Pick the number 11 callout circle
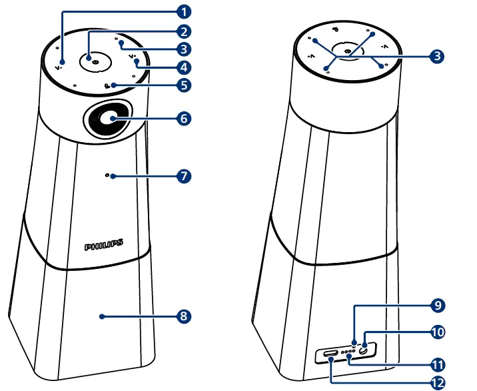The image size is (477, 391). [x=436, y=364]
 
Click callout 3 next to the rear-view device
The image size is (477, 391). [x=436, y=57]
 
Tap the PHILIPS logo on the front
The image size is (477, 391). [x=103, y=246]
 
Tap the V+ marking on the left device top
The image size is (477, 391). [x=133, y=57]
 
